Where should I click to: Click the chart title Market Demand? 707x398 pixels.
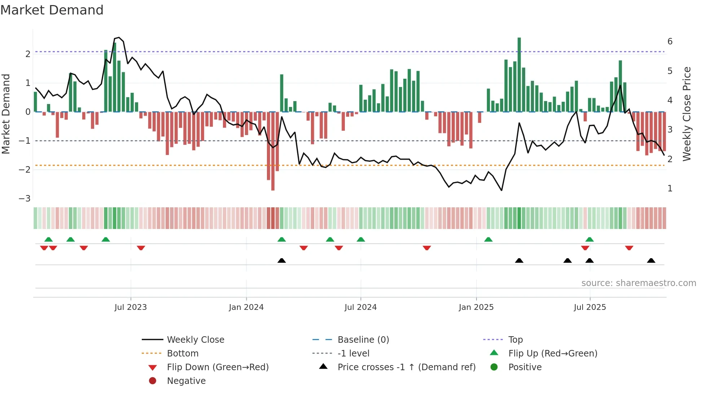point(52,10)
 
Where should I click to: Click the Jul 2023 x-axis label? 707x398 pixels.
point(131,307)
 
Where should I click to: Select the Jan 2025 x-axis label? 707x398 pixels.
point(476,307)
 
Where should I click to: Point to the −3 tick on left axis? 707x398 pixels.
point(25,199)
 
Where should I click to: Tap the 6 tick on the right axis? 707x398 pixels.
point(670,42)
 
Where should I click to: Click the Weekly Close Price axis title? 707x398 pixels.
point(687,114)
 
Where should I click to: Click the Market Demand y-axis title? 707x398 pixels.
point(6,114)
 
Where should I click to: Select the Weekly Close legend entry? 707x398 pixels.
point(195,340)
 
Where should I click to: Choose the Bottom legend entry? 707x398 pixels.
point(183,354)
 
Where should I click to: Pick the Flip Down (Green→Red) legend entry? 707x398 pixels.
point(218,367)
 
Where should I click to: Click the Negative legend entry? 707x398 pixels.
point(186,381)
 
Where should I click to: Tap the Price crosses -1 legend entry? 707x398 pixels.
point(406,367)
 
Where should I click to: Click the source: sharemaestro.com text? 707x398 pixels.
point(638,283)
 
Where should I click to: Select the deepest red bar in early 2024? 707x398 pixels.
point(273,152)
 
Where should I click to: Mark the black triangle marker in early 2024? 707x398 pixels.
point(282,260)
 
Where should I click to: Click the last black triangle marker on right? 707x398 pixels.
point(651,260)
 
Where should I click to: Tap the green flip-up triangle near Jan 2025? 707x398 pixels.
point(488,239)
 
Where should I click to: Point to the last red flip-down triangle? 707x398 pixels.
point(629,248)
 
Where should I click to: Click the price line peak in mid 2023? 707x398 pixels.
point(119,38)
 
